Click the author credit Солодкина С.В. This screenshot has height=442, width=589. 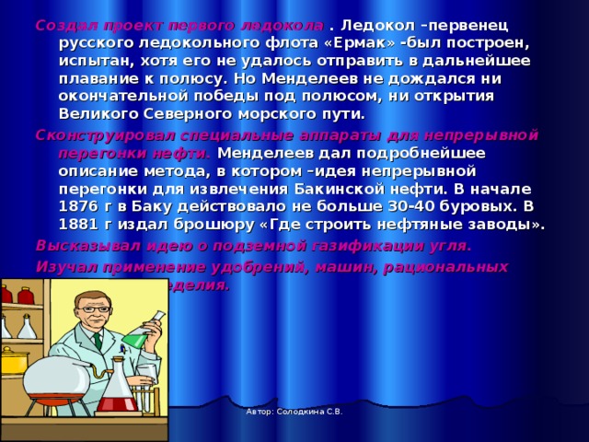(294, 412)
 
